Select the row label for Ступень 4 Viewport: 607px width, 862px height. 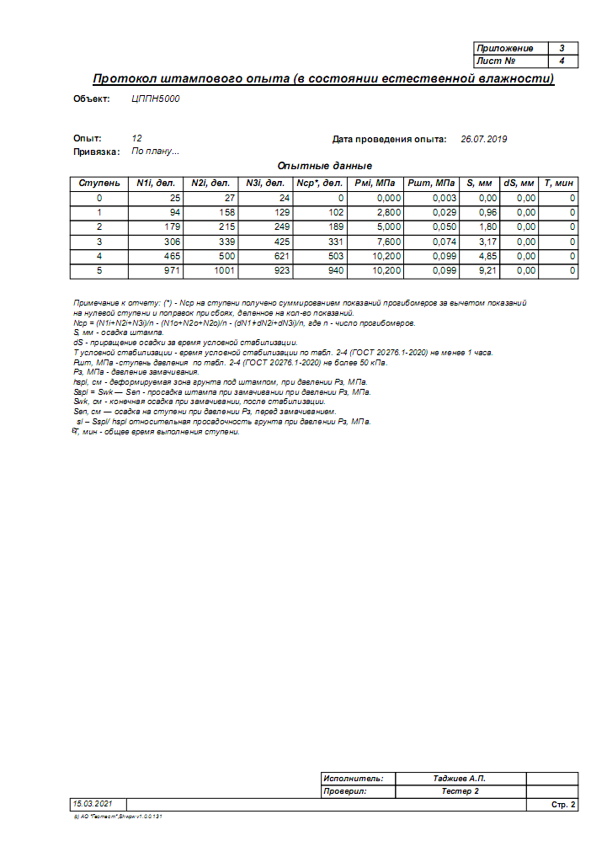pyautogui.click(x=99, y=257)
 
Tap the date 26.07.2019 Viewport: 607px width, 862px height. pyautogui.click(x=484, y=139)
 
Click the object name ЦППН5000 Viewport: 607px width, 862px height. pyautogui.click(x=156, y=99)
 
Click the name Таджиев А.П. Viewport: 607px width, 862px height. pyautogui.click(x=460, y=779)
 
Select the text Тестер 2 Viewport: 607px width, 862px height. pyautogui.click(x=460, y=792)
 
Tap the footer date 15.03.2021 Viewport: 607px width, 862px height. pyautogui.click(x=92, y=805)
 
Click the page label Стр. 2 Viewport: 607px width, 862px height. pyautogui.click(x=563, y=806)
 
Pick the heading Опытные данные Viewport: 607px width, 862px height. pyautogui.click(x=324, y=166)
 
